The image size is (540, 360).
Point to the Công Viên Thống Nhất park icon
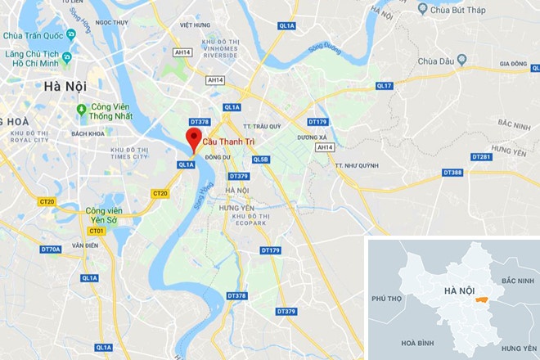[x=81, y=110]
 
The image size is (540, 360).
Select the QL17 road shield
[x=384, y=86]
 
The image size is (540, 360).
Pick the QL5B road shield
[x=261, y=160]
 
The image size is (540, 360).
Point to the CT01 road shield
[x=97, y=231]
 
